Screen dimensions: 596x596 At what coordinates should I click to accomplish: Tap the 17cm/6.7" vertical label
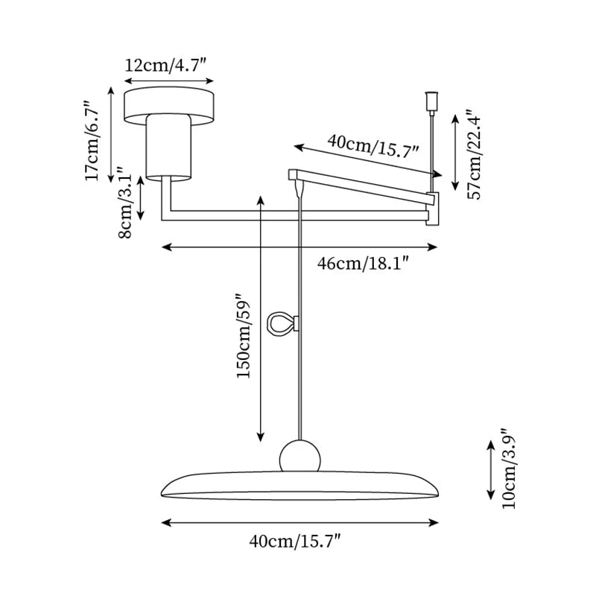coord(92,142)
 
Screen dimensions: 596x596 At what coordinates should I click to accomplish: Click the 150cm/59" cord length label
coord(244,335)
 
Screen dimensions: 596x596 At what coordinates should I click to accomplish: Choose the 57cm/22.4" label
coord(475,154)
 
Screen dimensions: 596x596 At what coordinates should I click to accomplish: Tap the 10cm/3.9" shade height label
coord(510,469)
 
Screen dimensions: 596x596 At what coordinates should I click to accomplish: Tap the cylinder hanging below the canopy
coord(170,148)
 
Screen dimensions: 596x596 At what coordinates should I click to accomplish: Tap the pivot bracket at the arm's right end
coord(433,208)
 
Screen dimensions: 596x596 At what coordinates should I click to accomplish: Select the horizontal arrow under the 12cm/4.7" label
coord(169,80)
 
